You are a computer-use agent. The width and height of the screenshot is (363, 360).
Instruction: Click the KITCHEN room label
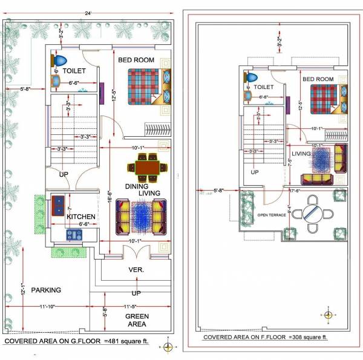tap(81, 217)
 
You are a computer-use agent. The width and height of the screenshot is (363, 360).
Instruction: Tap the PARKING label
tap(47, 290)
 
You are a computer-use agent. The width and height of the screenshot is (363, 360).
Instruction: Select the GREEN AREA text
tap(137, 320)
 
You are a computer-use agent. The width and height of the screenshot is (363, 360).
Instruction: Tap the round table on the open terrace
tap(314, 214)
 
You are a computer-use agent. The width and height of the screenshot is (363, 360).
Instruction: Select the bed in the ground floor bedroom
tap(144, 89)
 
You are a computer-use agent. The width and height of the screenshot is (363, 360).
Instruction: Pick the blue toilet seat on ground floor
tap(60, 61)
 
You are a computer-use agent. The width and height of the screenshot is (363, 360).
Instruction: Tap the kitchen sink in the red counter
tap(59, 205)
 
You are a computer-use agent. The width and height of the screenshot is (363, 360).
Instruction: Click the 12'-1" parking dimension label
tap(22, 289)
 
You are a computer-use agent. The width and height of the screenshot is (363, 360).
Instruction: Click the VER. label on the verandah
tap(136, 270)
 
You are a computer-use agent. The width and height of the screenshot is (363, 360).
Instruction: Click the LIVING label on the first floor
tap(301, 154)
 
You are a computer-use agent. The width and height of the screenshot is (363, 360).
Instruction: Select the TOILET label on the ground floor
tap(74, 71)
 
